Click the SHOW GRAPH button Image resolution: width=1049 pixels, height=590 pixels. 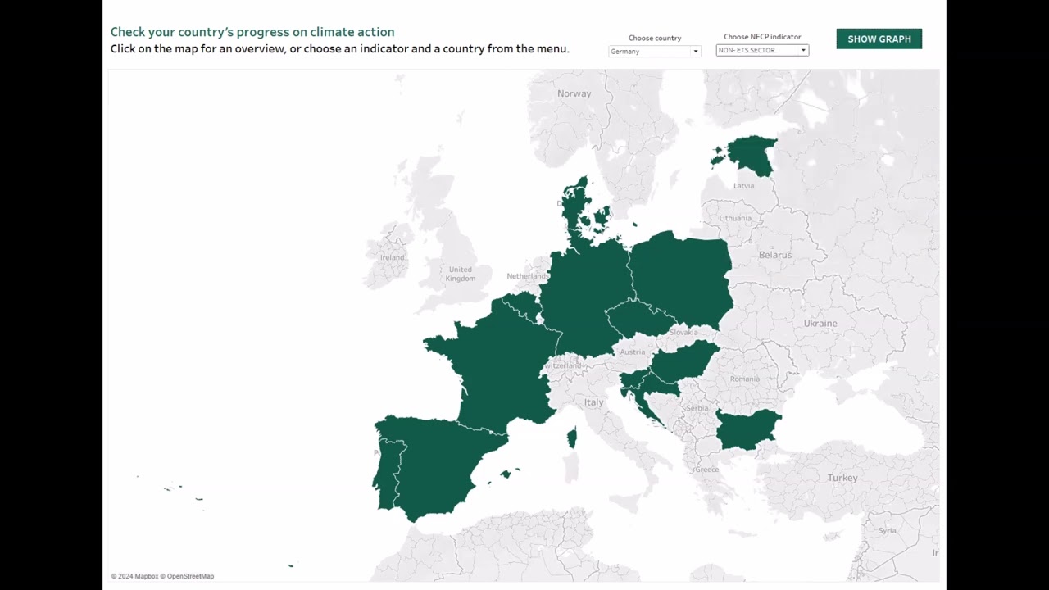(879, 39)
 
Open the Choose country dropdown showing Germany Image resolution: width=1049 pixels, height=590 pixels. (654, 51)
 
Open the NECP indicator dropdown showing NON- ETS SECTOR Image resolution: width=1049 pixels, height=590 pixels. (762, 50)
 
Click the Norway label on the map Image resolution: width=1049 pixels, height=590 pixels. (574, 93)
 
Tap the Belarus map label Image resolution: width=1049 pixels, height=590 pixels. (775, 255)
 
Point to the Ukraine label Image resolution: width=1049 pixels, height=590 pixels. (820, 324)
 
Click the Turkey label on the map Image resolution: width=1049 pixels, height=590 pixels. (842, 478)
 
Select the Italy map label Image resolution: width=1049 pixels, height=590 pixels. (593, 402)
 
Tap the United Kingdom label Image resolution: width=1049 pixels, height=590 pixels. (460, 274)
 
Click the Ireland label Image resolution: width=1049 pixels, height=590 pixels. (392, 257)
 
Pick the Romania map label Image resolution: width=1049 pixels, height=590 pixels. (745, 379)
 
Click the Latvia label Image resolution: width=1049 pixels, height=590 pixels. (743, 186)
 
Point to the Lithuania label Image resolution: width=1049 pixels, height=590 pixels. (735, 218)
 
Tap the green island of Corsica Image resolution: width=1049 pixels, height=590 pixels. (572, 438)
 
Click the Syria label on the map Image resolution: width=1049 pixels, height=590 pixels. (888, 530)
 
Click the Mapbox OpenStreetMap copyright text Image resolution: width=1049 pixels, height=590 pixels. (162, 576)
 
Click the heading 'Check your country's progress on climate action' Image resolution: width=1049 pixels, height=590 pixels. (252, 32)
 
